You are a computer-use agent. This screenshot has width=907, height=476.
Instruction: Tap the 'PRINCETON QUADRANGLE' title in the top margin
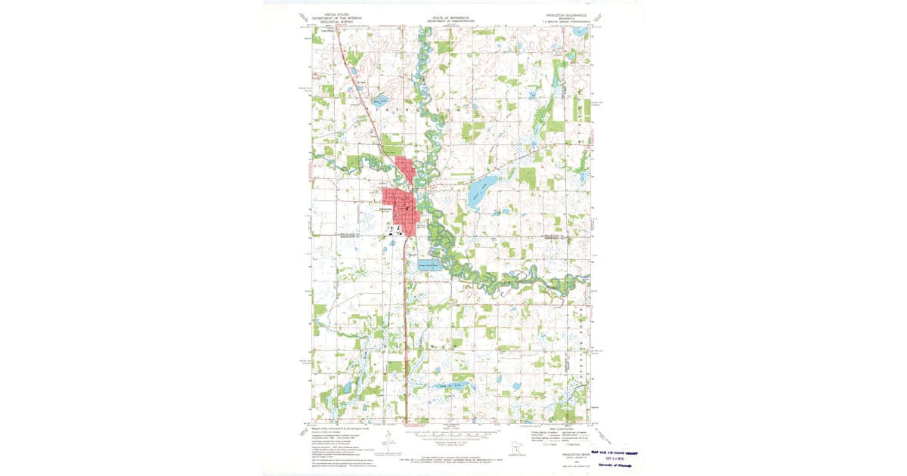pos(566,15)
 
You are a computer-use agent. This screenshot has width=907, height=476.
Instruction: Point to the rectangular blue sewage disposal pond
pos(429,265)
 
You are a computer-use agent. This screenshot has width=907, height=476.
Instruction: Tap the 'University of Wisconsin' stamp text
pos(616,465)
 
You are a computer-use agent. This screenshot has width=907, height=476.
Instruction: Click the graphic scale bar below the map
pos(453,434)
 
